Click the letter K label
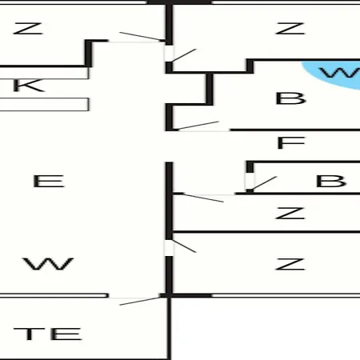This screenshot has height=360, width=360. (29, 86)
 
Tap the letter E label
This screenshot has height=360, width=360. (49, 181)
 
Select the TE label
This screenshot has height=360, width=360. (48, 334)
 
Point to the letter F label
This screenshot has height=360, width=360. (290, 142)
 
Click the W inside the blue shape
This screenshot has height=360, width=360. (340, 73)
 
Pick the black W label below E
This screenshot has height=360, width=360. (48, 264)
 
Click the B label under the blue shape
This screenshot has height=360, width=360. (290, 98)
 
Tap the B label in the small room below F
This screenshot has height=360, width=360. (331, 181)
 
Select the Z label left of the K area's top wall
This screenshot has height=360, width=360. (28, 29)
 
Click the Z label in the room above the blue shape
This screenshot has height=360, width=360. (290, 29)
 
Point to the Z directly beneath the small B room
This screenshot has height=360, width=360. (290, 214)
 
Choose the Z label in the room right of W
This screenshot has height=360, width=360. (290, 264)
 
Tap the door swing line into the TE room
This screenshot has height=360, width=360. (141, 301)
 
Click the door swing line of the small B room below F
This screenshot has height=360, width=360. (264, 183)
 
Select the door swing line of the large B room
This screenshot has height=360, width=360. (198, 126)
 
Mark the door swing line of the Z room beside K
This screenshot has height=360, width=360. (142, 37)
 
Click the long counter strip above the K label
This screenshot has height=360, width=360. (44, 73)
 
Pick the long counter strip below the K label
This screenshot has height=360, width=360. (44, 104)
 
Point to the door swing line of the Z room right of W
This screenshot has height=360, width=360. (184, 246)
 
